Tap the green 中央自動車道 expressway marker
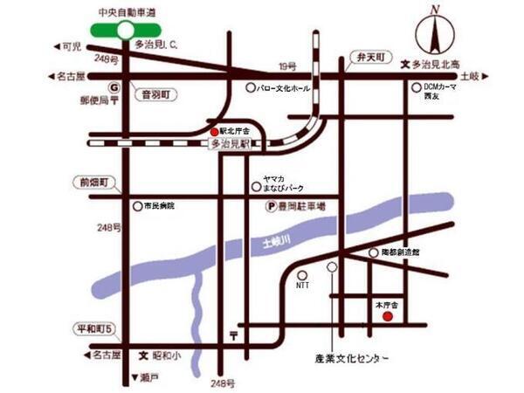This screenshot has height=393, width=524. pos(126,30)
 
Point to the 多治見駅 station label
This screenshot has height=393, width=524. pos(231,143)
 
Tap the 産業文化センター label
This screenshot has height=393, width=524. pos(350,359)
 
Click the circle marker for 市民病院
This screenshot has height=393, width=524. pos(137,206)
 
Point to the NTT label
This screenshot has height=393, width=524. pos(303,285)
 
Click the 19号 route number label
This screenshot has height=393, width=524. pos(287,65)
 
